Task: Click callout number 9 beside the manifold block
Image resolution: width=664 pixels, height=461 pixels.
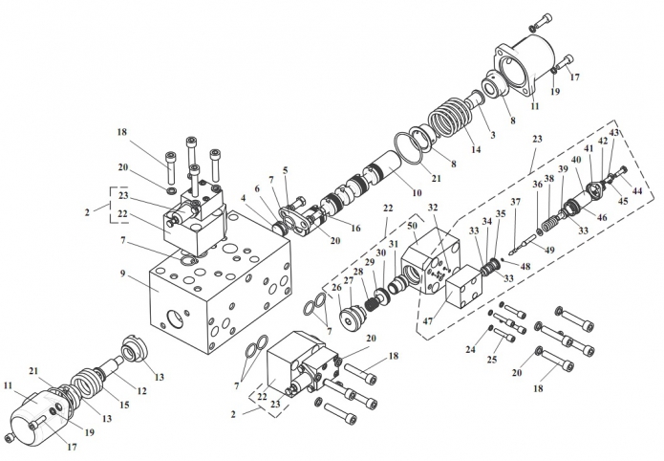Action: tap(123, 274)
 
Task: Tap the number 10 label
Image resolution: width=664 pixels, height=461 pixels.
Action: tap(417, 193)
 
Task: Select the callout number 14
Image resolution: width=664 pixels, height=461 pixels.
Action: tap(476, 149)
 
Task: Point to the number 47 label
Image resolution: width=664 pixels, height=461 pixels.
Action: tap(428, 321)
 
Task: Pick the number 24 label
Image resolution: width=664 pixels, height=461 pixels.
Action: tap(470, 349)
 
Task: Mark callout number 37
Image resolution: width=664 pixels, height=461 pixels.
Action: tap(515, 202)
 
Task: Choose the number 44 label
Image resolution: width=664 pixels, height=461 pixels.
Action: tap(637, 191)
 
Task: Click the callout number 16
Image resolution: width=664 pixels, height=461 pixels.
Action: tap(355, 229)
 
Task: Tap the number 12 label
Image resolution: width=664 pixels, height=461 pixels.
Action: tap(141, 390)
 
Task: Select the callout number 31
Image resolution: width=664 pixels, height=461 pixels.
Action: tap(394, 244)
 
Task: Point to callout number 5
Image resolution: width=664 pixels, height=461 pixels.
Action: tap(286, 170)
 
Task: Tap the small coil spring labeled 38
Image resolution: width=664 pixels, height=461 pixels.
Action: tap(550, 222)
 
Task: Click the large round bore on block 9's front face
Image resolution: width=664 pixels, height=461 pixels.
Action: tap(175, 318)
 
